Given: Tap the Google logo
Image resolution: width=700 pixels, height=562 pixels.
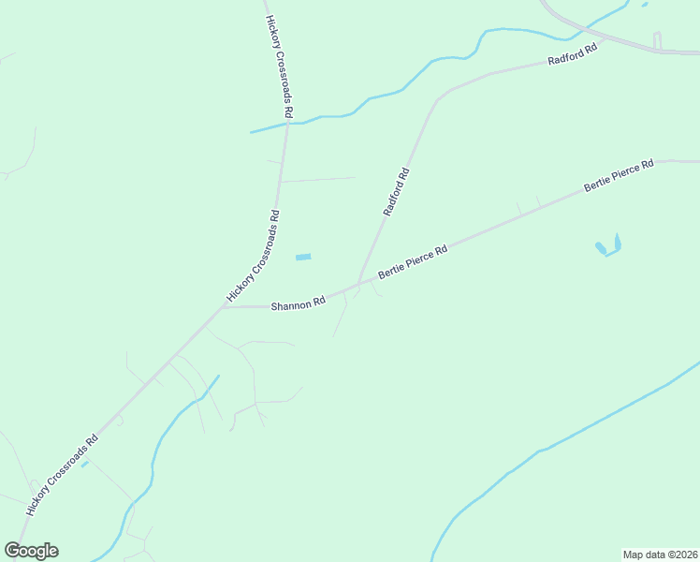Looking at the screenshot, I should (x=31, y=551).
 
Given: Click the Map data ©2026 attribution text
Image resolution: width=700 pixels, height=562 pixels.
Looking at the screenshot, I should (x=660, y=554).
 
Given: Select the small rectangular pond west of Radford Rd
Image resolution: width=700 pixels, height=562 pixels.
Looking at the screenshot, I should (x=303, y=257).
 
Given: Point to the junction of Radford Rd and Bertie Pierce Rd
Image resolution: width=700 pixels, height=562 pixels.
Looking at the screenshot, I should (x=359, y=283).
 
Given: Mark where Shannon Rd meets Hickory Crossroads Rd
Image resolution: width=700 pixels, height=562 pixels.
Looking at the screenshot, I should (x=225, y=306).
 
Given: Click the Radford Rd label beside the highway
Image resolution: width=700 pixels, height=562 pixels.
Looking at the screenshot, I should (x=572, y=56).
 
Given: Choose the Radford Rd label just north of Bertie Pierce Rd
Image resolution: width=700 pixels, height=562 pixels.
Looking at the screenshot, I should (x=396, y=192).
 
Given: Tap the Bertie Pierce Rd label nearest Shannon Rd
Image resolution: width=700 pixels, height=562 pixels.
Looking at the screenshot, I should (x=413, y=262).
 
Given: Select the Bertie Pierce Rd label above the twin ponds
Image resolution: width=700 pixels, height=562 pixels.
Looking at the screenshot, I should (x=618, y=176).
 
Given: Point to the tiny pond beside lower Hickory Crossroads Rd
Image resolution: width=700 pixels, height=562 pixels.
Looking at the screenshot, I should (x=84, y=463).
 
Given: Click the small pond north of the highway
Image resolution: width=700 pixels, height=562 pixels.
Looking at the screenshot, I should (x=644, y=4).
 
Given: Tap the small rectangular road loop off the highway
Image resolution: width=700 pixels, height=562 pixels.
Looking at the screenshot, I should (x=657, y=41).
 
